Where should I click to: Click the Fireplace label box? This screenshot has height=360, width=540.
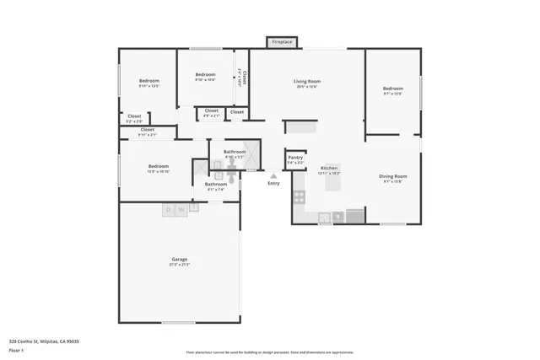(x=282, y=41)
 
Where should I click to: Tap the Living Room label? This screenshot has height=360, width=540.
(x=307, y=82)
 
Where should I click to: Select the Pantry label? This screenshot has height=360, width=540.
(x=295, y=158)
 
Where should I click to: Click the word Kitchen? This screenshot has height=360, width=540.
(x=329, y=169)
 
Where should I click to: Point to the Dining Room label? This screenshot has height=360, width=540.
(x=393, y=176)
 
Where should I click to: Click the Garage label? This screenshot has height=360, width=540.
(x=180, y=259)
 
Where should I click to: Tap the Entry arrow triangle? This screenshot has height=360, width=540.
(x=273, y=176)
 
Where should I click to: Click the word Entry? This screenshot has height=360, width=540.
(x=273, y=184)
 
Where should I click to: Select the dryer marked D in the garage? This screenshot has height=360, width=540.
(x=168, y=208)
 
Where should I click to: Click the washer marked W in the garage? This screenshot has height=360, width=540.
(x=181, y=208)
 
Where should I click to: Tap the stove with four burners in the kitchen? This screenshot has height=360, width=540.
(x=299, y=197)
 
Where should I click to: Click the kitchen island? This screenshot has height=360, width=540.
(x=334, y=176)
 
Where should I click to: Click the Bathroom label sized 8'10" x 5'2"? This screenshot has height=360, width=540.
(x=235, y=152)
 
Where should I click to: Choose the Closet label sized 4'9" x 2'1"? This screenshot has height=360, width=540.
(x=211, y=110)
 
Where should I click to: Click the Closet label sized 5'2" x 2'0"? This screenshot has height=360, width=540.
(x=134, y=116)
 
